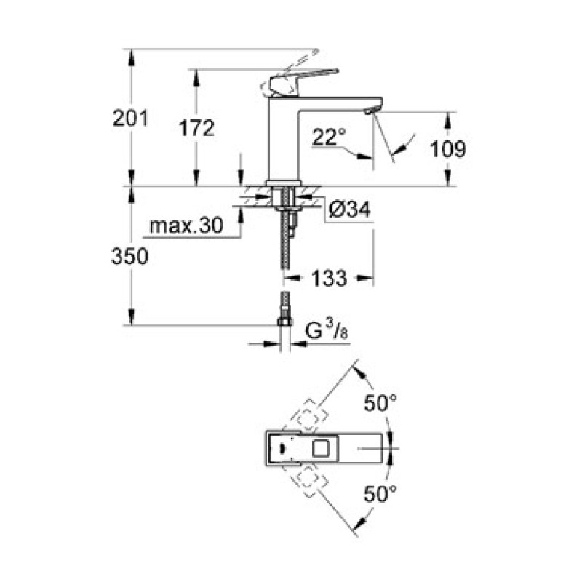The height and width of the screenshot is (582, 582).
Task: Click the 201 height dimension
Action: tap(130, 118)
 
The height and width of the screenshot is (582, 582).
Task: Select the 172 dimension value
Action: tap(197, 128)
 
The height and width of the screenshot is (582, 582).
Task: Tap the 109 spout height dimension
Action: tap(448, 149)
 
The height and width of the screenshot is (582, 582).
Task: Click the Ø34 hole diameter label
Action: tap(350, 210)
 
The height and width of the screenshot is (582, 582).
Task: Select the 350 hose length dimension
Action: tap(130, 255)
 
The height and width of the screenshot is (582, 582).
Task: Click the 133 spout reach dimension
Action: tap(329, 277)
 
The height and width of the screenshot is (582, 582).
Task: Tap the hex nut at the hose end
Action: tap(284, 321)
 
